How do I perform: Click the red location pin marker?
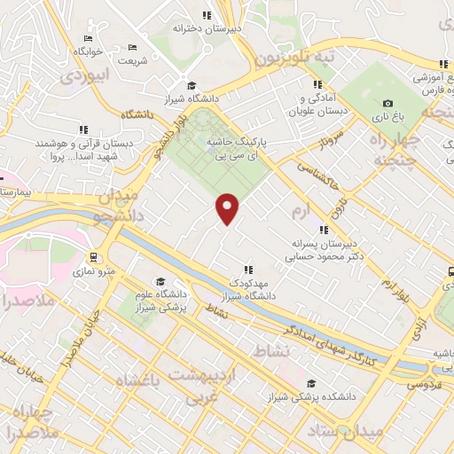228,209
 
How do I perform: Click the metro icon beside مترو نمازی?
91,258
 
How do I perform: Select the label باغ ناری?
387,115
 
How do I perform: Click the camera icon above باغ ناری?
387,103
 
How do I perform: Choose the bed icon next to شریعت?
132,47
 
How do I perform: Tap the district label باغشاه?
138,381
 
